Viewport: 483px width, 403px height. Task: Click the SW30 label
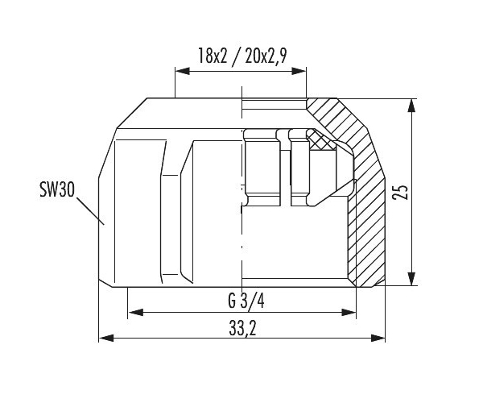pos(57,189)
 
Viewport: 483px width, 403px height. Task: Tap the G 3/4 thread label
pos(246,301)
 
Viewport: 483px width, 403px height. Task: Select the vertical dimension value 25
pos(400,193)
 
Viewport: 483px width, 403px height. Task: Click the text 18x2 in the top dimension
pos(213,56)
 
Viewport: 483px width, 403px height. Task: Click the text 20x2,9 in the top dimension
pos(266,56)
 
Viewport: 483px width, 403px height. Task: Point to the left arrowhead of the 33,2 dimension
pos(106,338)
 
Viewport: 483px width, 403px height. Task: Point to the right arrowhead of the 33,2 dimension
pos(378,338)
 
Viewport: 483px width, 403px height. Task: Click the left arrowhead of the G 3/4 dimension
pos(135,312)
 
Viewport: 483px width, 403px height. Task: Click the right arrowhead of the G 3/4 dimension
pos(349,312)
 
